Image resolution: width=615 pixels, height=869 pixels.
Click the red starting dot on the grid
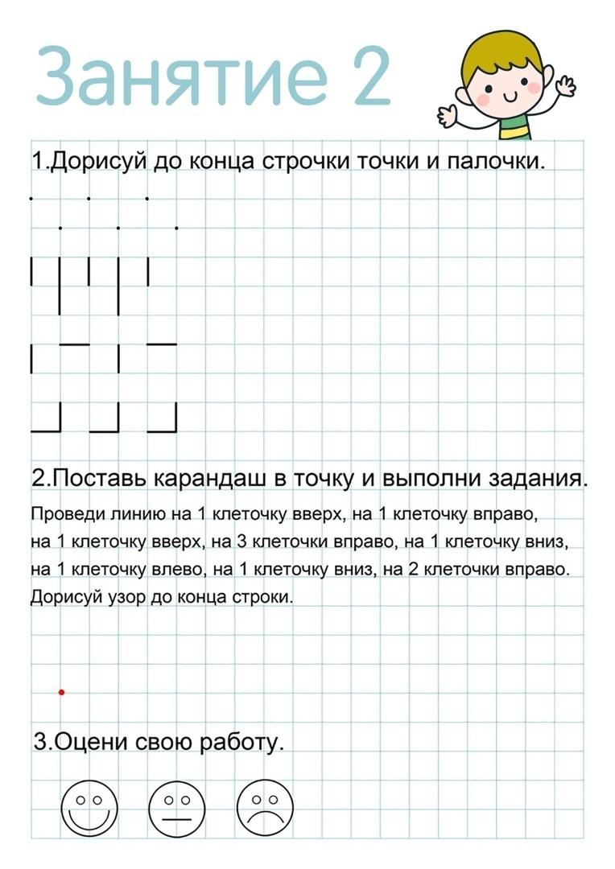[61, 692]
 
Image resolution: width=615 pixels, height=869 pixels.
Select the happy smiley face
[89, 808]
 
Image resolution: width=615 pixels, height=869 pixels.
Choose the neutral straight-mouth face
[177, 808]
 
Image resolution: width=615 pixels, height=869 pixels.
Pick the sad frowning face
[265, 808]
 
